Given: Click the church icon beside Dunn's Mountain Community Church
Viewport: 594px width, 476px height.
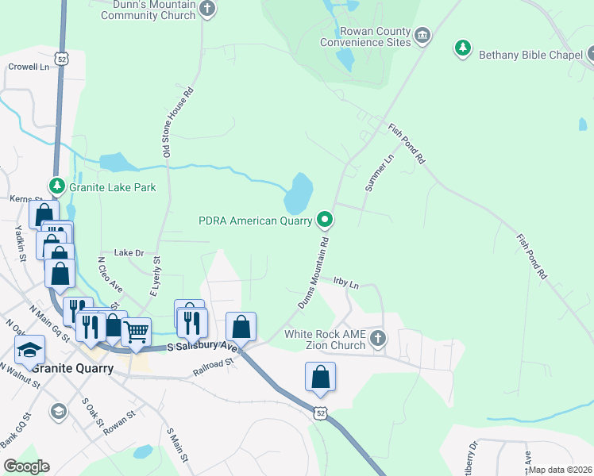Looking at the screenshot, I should pos(207,10).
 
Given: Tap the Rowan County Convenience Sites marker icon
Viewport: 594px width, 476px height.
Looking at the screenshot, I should pos(422,36).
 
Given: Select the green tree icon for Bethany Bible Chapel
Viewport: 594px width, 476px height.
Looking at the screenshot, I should pos(463,49).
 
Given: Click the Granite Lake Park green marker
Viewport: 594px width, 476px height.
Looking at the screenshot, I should pos(56,186).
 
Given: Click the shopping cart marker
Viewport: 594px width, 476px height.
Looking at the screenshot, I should pos(136,331).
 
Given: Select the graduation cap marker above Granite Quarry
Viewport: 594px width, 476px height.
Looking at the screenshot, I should pos(29,349).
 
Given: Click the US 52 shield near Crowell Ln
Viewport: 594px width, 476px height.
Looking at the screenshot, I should pos(62,59).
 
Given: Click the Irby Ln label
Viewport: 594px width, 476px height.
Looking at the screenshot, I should pos(346,282).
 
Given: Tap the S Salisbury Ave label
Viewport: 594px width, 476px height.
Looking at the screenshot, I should pos(202,347).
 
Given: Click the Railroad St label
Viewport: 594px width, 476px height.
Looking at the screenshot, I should pos(214,366).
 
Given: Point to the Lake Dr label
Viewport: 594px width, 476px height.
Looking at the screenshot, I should pos(129,252).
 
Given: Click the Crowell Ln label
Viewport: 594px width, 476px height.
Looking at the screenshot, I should pos(29,67).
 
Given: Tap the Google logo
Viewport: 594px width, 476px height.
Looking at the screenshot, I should pos(26,466).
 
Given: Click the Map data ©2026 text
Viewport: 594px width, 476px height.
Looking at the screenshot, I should pos(560,470).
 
